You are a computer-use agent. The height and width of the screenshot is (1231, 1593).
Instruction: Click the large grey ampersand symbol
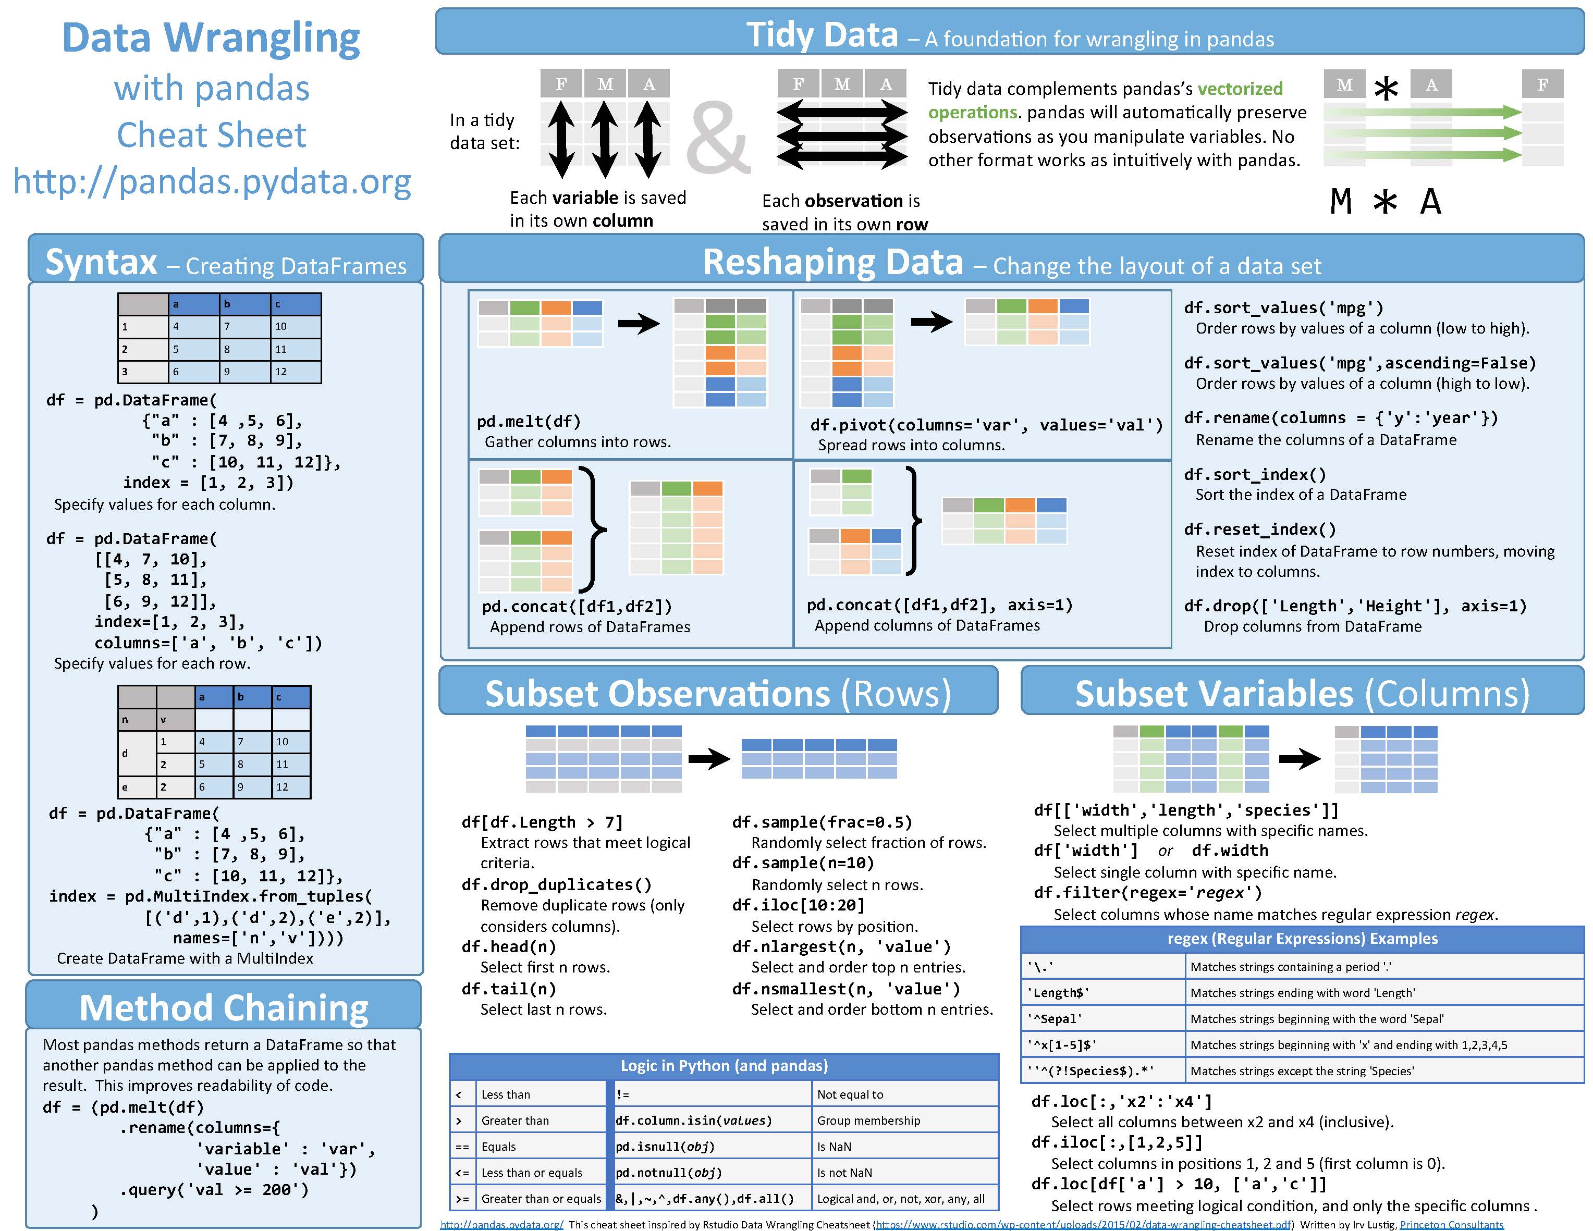point(718,137)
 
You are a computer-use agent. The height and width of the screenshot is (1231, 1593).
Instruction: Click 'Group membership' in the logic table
point(868,1120)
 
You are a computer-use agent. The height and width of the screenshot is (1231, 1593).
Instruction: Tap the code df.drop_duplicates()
point(557,884)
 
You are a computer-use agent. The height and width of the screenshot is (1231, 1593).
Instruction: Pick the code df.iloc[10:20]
point(798,905)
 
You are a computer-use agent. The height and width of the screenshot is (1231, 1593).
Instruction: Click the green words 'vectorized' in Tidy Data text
point(1240,89)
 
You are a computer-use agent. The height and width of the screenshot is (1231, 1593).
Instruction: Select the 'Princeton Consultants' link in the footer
point(1452,1224)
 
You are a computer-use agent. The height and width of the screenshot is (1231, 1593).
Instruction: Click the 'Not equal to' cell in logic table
point(850,1094)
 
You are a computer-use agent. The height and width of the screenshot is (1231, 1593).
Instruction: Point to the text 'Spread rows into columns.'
point(911,445)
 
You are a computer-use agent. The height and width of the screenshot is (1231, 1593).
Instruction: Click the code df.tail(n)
point(508,989)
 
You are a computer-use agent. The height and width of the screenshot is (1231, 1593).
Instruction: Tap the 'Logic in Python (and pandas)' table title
point(724,1065)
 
